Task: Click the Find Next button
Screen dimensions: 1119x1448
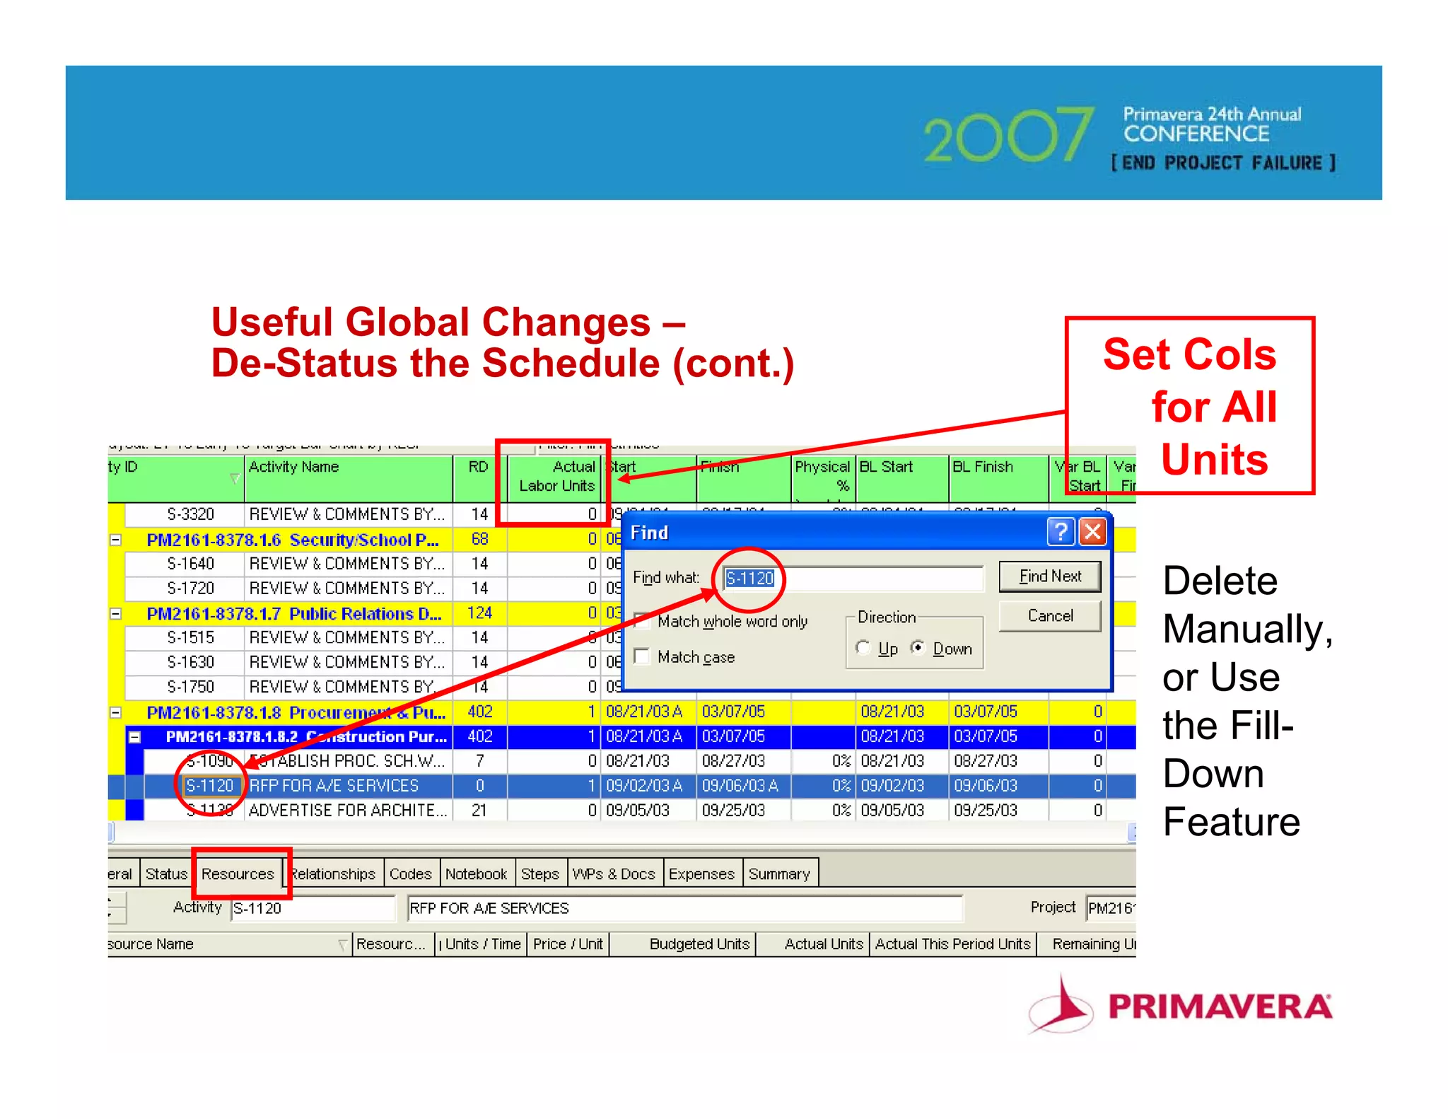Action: (1049, 576)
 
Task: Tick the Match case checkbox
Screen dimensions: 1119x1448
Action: (642, 656)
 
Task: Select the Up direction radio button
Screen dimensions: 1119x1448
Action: (863, 648)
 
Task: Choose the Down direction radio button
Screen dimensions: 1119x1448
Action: (918, 648)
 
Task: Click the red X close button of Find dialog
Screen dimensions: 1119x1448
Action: (1092, 531)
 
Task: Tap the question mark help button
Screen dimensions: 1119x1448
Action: (1061, 531)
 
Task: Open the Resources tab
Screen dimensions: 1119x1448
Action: (238, 874)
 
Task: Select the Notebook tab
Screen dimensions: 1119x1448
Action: (476, 874)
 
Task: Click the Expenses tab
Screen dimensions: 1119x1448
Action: (701, 874)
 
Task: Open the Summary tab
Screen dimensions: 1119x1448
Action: (779, 874)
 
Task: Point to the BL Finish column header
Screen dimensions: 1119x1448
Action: (983, 468)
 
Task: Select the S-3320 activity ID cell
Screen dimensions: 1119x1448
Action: (190, 514)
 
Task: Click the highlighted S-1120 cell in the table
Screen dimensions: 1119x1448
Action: (209, 785)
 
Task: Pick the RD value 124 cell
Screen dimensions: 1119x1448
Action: (479, 613)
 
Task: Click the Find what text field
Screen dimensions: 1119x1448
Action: (853, 578)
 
